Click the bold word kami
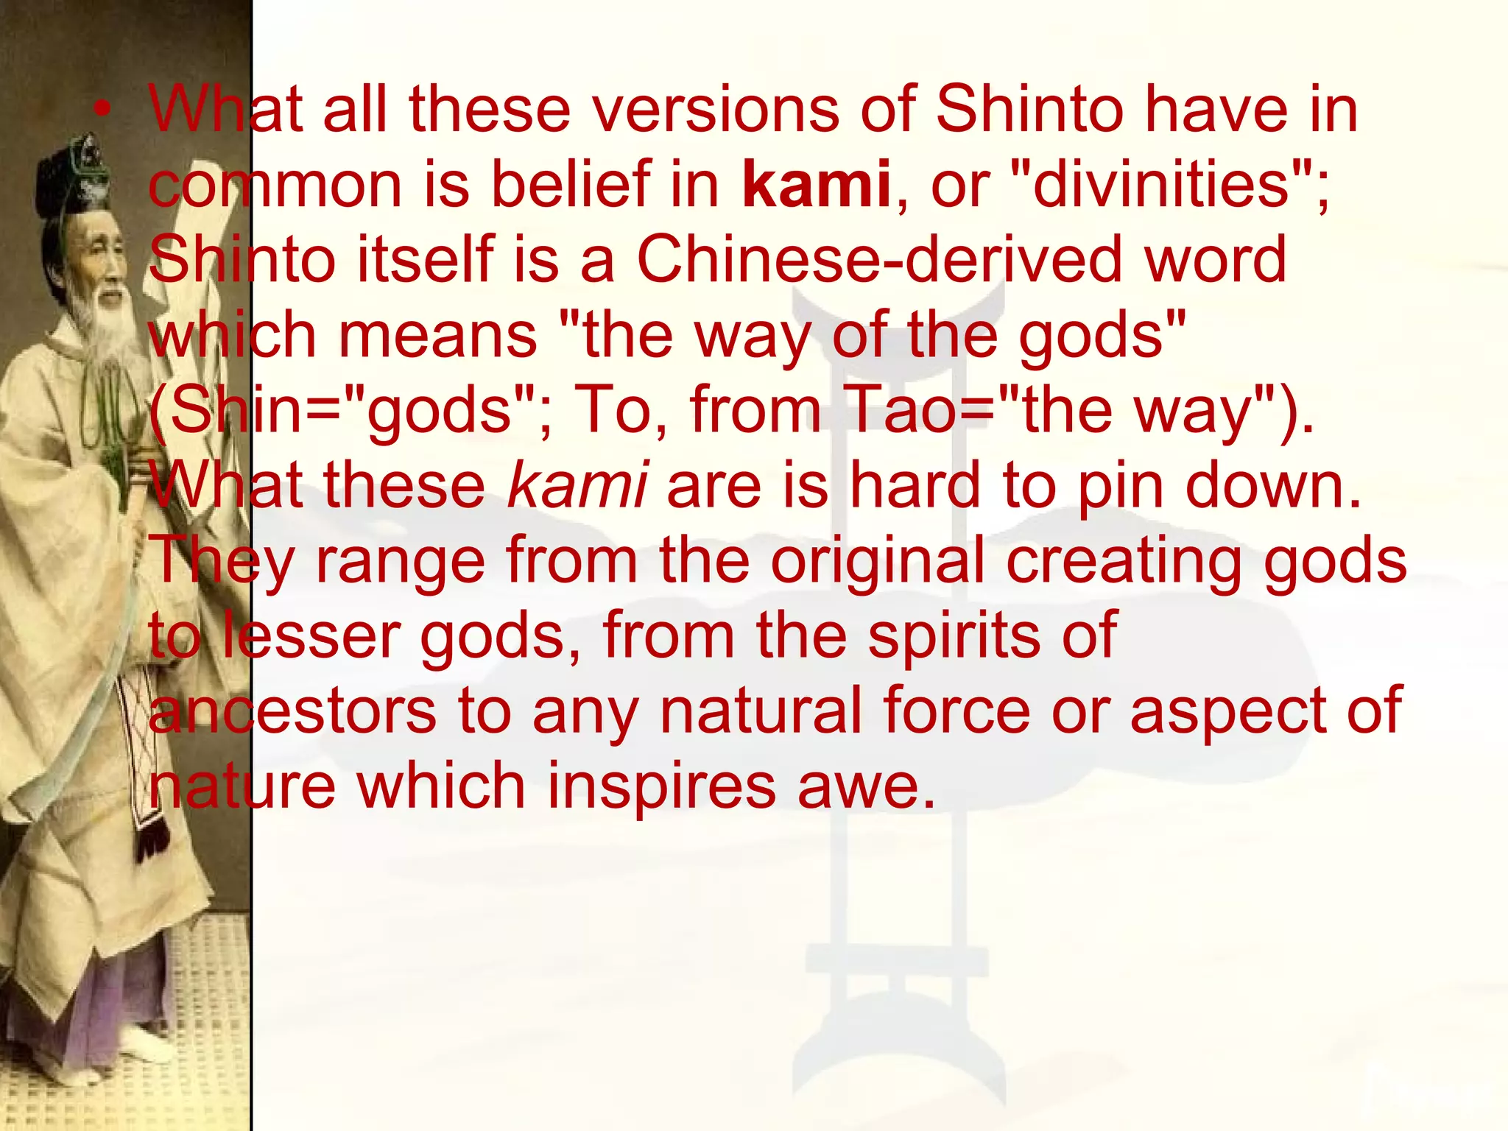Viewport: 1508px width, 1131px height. tap(816, 184)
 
